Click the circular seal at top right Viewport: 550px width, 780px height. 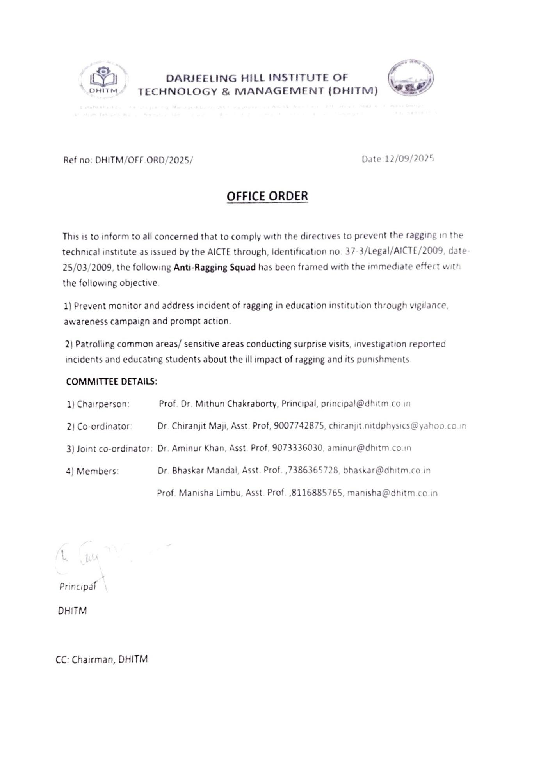pyautogui.click(x=410, y=78)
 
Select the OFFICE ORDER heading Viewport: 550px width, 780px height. pyautogui.click(x=267, y=196)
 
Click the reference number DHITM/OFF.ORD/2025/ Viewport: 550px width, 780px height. pyautogui.click(x=144, y=160)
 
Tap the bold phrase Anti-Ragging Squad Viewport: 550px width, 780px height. pyautogui.click(x=214, y=267)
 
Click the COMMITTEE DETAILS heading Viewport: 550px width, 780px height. pyautogui.click(x=112, y=381)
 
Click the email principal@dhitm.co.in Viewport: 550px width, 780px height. pyautogui.click(x=365, y=404)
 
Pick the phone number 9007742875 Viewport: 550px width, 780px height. pyautogui.click(x=299, y=426)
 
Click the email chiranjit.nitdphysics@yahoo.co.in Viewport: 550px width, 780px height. pyautogui.click(x=397, y=426)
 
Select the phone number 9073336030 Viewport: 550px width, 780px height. pyautogui.click(x=297, y=448)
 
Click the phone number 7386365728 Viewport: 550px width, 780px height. pyautogui.click(x=313, y=470)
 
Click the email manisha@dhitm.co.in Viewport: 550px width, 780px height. pyautogui.click(x=392, y=493)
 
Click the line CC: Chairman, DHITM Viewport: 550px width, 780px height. pyautogui.click(x=101, y=659)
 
